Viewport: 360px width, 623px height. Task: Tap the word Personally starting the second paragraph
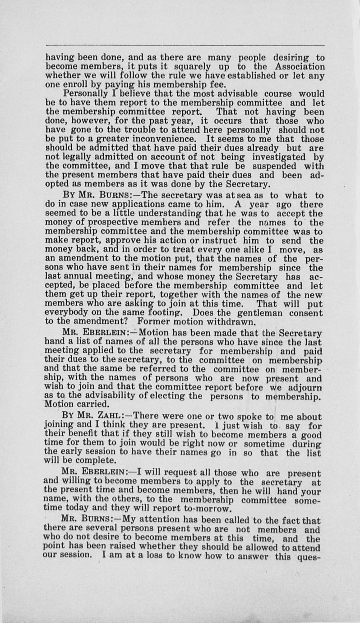pos(85,93)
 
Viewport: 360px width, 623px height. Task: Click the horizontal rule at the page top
pos(185,45)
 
